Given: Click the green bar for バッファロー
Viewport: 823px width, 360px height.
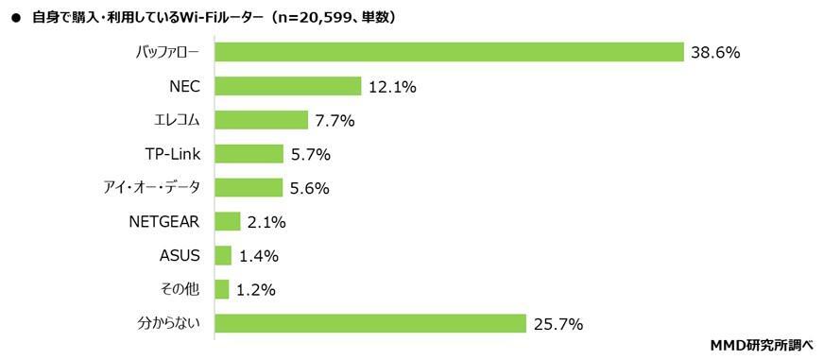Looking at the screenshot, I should [x=449, y=52].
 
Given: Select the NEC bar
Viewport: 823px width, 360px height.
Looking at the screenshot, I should [x=288, y=86].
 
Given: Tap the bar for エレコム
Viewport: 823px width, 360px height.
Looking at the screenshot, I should [x=262, y=120].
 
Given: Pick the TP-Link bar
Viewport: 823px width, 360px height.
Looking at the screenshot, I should [x=249, y=154].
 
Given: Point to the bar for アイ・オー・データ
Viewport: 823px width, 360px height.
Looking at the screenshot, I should [x=249, y=188].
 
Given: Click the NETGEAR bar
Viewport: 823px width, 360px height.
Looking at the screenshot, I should [x=228, y=222].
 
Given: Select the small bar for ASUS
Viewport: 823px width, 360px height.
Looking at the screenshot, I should [x=223, y=256].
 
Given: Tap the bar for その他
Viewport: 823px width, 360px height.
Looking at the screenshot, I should [x=222, y=290].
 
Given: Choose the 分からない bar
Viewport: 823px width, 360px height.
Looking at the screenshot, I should [x=370, y=324].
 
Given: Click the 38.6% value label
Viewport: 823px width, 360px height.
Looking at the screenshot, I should [x=715, y=53].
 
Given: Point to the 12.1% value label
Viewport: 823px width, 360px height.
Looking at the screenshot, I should [x=392, y=87].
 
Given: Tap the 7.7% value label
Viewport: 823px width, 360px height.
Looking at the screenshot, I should [x=334, y=121].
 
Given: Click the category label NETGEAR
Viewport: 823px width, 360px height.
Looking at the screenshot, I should [x=164, y=222].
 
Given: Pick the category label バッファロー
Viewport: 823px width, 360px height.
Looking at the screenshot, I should [x=167, y=52].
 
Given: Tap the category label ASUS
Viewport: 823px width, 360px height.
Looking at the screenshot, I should [x=180, y=256].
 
